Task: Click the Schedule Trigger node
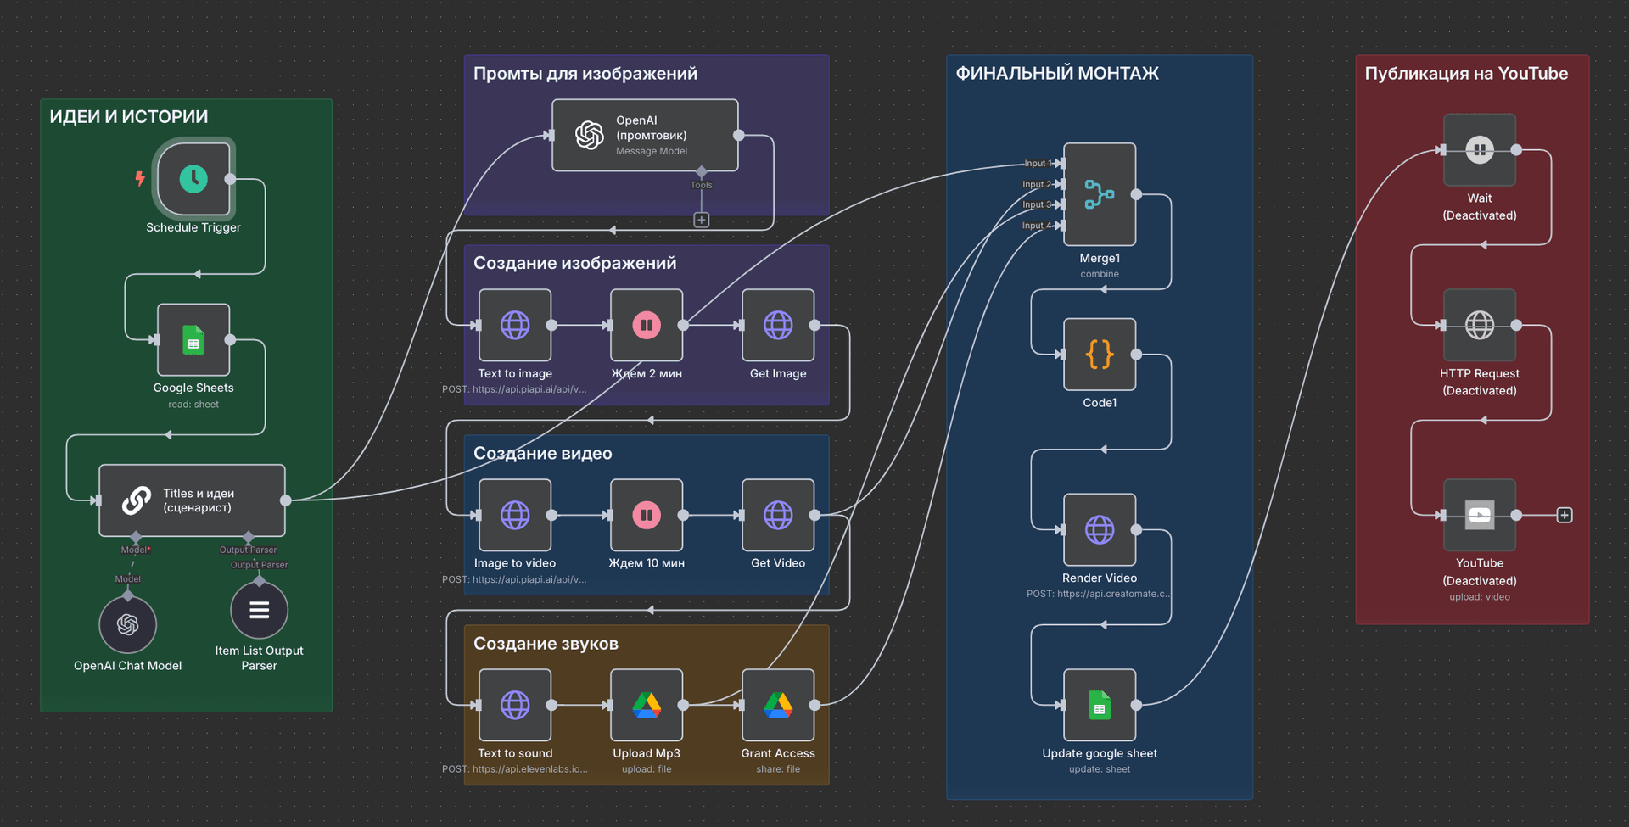click(x=193, y=179)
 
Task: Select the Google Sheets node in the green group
click(x=193, y=339)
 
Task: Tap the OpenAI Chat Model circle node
click(x=128, y=625)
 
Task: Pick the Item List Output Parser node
click(x=259, y=610)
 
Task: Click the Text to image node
click(x=515, y=325)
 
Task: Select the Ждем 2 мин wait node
click(x=647, y=325)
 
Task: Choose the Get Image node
click(x=778, y=325)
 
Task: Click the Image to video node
click(x=515, y=515)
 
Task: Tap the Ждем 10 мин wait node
click(x=647, y=515)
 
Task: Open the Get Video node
click(x=778, y=515)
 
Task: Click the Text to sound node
click(x=515, y=705)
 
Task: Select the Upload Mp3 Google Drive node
click(x=647, y=705)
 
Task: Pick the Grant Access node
click(x=778, y=705)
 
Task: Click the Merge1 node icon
click(x=1100, y=194)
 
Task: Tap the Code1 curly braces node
click(x=1100, y=354)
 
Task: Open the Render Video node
click(x=1100, y=529)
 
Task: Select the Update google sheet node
click(x=1100, y=705)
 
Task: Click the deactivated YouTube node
click(x=1480, y=515)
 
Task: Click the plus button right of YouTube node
click(x=1565, y=515)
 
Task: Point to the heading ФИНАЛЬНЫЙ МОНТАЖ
click(x=1057, y=74)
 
